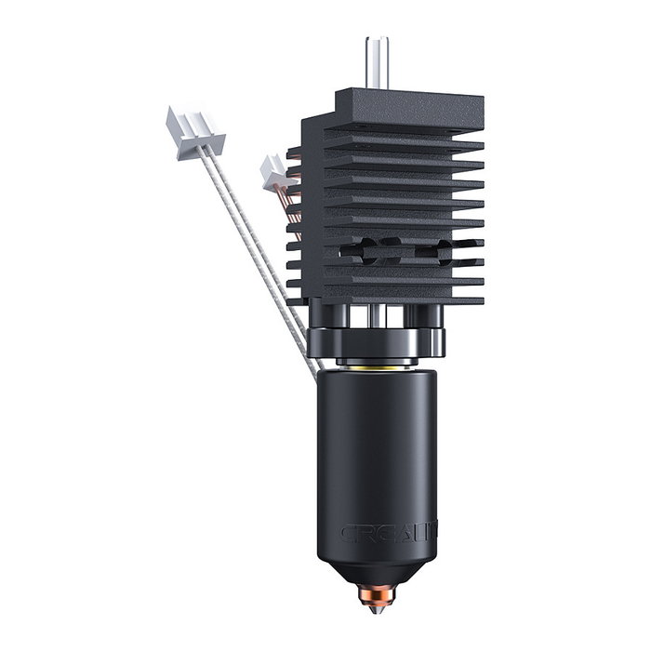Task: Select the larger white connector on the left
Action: click(195, 132)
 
